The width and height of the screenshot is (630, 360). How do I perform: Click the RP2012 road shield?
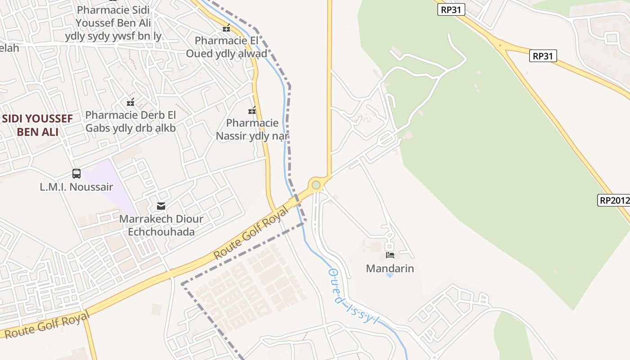click(x=614, y=200)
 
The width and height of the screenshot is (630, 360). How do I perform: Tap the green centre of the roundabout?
click(x=316, y=185)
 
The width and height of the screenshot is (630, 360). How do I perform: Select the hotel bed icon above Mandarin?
click(x=390, y=255)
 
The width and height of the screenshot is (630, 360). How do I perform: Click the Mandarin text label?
click(x=390, y=269)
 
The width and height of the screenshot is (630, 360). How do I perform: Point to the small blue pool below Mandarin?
click(x=390, y=275)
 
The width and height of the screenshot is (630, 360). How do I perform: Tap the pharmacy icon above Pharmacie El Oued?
click(x=226, y=28)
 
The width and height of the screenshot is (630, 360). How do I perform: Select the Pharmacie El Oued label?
click(x=227, y=47)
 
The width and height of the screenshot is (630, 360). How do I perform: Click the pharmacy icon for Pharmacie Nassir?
click(x=252, y=110)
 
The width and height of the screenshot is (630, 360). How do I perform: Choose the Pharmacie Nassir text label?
click(x=252, y=129)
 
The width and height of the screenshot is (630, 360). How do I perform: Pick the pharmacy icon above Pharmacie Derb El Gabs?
click(x=130, y=102)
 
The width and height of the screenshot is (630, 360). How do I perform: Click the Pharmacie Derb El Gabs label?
click(x=130, y=121)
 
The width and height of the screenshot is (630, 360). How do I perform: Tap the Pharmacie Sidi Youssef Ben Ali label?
click(x=113, y=22)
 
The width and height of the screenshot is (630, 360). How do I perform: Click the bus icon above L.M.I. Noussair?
click(x=76, y=173)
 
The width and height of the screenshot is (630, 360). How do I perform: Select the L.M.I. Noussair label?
click(x=76, y=187)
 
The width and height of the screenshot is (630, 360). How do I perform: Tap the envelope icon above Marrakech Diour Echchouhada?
click(x=161, y=206)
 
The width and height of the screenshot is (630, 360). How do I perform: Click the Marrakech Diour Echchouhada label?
click(x=161, y=225)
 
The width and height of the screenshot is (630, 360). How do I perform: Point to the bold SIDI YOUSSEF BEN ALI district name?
click(x=37, y=125)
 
